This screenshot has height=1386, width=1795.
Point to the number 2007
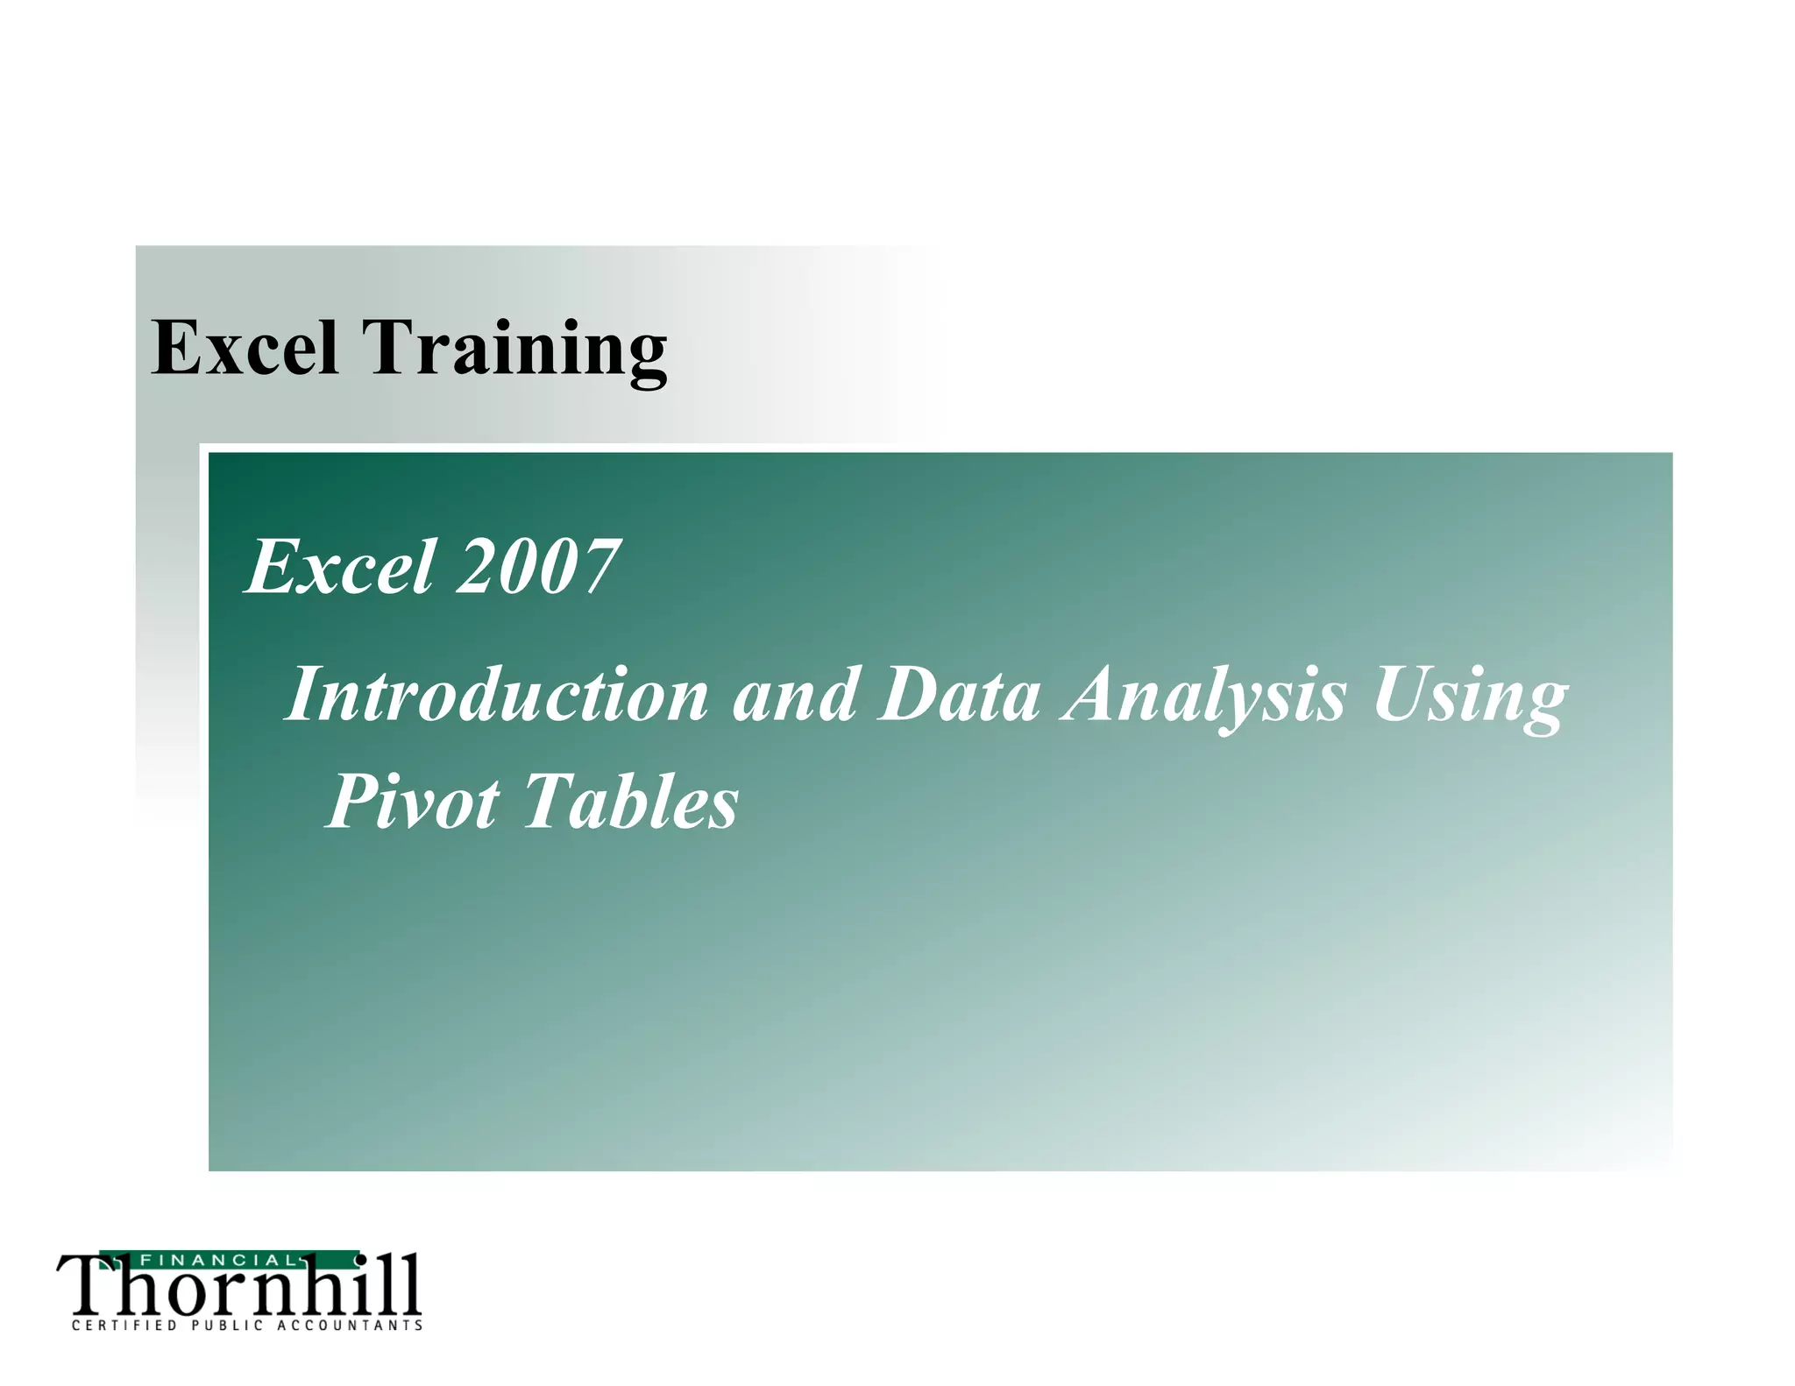pos(537,567)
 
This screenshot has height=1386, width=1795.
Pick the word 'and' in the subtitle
pos(794,694)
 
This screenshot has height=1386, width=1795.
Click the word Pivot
pos(413,801)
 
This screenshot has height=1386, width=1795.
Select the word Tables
pos(630,801)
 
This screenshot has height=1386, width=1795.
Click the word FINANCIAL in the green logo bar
pos(218,1261)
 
